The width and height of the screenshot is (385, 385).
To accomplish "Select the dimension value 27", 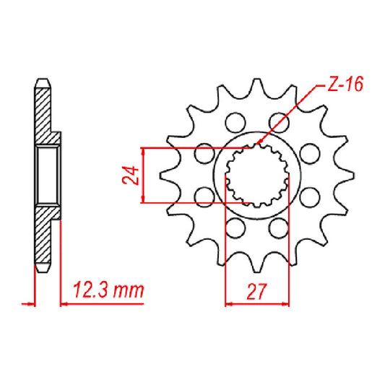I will pos(258,291).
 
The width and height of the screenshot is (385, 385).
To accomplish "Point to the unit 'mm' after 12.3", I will pos(129,292).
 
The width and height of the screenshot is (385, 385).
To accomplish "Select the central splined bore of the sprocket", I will pos(258,175).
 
